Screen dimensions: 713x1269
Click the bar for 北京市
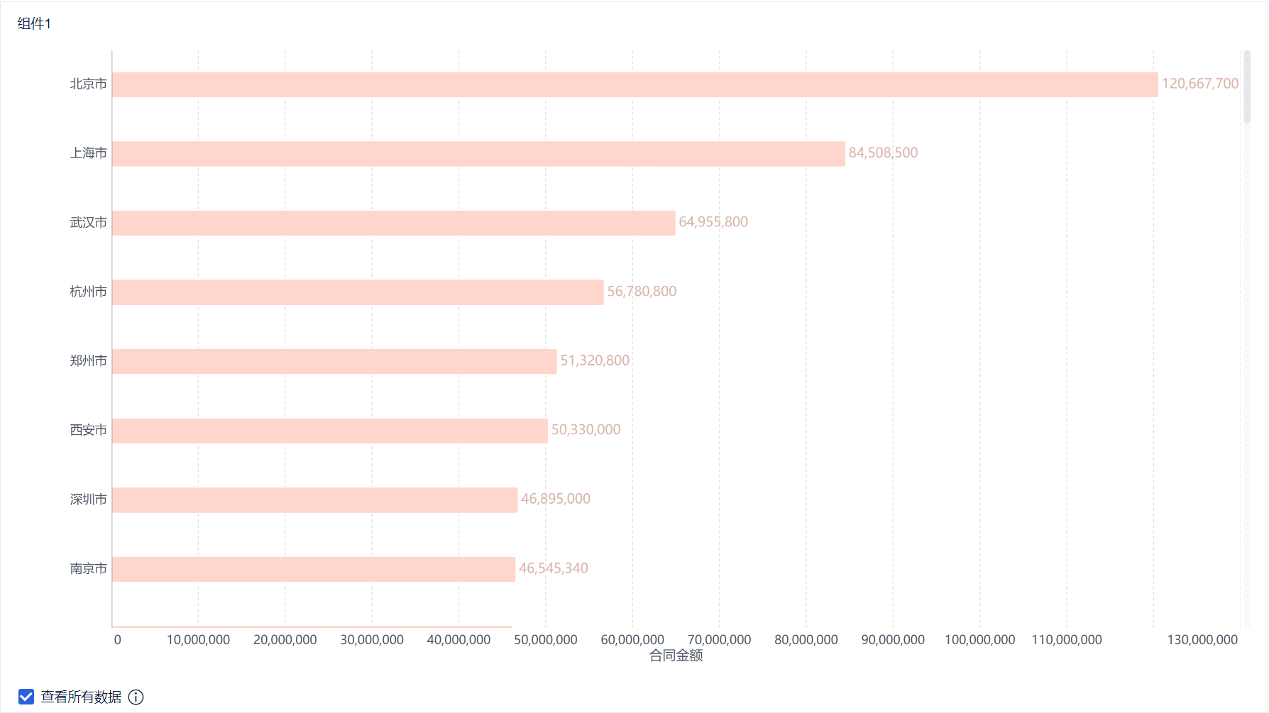click(634, 84)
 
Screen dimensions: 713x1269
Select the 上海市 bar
click(478, 154)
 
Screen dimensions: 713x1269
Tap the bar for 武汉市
click(393, 223)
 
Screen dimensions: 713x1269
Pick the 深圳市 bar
click(314, 500)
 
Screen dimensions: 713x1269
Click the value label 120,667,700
click(1199, 84)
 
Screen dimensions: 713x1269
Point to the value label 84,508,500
click(883, 153)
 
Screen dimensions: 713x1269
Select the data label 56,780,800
click(642, 292)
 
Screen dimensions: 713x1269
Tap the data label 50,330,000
click(586, 430)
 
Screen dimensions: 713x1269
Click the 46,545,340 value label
click(553, 568)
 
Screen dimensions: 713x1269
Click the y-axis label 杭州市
click(88, 292)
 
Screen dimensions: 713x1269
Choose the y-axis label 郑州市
click(88, 361)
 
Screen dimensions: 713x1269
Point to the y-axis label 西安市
click(88, 430)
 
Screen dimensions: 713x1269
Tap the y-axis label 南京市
click(88, 569)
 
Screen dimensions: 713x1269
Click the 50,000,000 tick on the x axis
click(545, 640)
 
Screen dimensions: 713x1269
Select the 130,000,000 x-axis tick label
click(1202, 640)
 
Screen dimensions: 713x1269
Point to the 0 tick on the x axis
click(118, 640)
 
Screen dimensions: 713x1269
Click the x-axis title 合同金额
click(676, 656)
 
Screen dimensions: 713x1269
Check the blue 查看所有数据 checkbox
click(26, 697)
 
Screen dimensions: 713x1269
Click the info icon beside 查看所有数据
click(136, 697)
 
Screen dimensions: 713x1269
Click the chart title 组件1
click(34, 24)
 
